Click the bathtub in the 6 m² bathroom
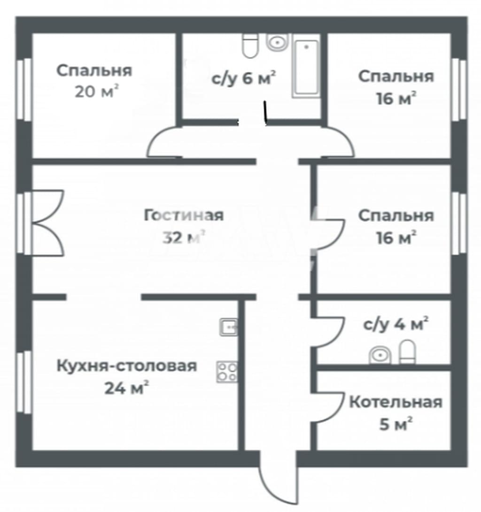[x=306, y=69]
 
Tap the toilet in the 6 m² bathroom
[x=250, y=45]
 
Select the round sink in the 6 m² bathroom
[x=278, y=42]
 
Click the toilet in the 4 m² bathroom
[x=408, y=352]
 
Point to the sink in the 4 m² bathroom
[x=380, y=355]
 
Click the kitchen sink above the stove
[x=229, y=327]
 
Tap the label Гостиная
[x=184, y=216]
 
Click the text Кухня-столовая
[x=127, y=366]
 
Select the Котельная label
[x=396, y=402]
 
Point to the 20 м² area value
[x=96, y=92]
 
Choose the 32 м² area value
[x=184, y=237]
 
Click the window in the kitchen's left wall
[x=24, y=382]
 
